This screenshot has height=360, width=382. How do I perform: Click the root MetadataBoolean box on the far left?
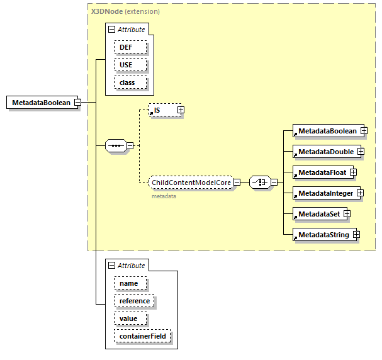click(42, 103)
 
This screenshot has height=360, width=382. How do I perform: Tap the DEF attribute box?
click(130, 47)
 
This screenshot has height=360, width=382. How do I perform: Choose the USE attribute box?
click(130, 65)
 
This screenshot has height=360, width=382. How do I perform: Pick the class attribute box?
click(130, 82)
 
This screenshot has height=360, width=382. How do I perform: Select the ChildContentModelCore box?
click(191, 183)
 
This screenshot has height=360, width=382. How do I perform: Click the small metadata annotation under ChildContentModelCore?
click(163, 196)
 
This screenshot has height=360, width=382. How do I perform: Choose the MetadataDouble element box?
click(325, 152)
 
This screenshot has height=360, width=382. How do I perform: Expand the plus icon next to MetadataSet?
click(347, 214)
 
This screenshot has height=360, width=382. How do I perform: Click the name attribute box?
click(130, 283)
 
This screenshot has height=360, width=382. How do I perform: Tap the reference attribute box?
click(134, 301)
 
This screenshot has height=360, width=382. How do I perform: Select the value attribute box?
click(130, 318)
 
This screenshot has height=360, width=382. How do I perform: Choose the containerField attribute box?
click(142, 336)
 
